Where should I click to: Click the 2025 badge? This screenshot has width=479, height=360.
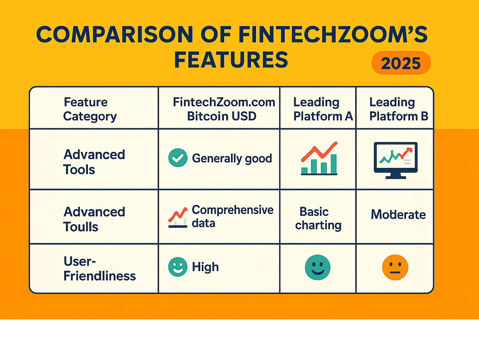pyautogui.click(x=401, y=63)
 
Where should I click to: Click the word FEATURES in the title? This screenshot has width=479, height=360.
pyautogui.click(x=231, y=60)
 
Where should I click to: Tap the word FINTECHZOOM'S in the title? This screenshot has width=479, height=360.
pyautogui.click(x=333, y=34)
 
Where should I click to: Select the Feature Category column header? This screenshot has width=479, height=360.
pyautogui.click(x=90, y=109)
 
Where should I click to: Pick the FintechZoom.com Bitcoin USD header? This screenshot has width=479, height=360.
pyautogui.click(x=224, y=109)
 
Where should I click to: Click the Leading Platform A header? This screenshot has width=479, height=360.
pyautogui.click(x=323, y=109)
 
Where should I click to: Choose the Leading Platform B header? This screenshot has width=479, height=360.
pyautogui.click(x=399, y=109)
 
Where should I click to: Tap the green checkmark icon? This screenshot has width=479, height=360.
pyautogui.click(x=178, y=158)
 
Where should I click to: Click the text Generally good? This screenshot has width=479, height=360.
pyautogui.click(x=232, y=158)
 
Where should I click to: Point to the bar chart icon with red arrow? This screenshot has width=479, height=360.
pyautogui.click(x=319, y=158)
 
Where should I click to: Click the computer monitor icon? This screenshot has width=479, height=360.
pyautogui.click(x=396, y=160)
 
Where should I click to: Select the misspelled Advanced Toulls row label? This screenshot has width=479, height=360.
pyautogui.click(x=94, y=219)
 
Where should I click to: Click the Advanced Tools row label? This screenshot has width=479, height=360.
pyautogui.click(x=94, y=162)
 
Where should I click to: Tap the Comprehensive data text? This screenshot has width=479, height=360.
pyautogui.click(x=232, y=216)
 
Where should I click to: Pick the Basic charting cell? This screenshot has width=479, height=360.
pyautogui.click(x=318, y=218)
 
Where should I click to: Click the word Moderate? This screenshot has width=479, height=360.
pyautogui.click(x=398, y=214)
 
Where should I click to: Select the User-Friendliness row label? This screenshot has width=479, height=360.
pyautogui.click(x=99, y=269)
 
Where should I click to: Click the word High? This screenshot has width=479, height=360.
pyautogui.click(x=205, y=267)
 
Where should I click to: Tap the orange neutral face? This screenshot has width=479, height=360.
pyautogui.click(x=395, y=267)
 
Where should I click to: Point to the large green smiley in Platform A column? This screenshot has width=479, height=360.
pyautogui.click(x=317, y=267)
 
